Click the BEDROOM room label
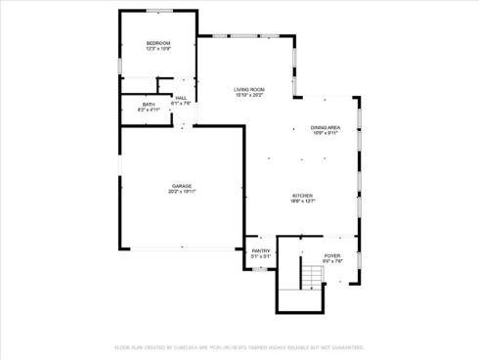(x=158, y=43)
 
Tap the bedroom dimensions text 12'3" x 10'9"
(x=158, y=49)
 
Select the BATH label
(x=149, y=104)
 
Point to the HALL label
(x=182, y=98)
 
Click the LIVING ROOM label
(x=248, y=89)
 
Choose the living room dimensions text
(x=248, y=95)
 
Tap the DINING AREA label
(x=326, y=127)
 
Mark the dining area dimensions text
(x=326, y=133)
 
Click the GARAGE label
(x=182, y=186)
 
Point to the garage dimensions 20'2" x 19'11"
(x=182, y=192)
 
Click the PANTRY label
(x=260, y=251)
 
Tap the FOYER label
(x=332, y=255)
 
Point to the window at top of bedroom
(x=158, y=11)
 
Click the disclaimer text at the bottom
(x=239, y=346)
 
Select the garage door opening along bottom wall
(x=182, y=248)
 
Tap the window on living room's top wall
(x=244, y=38)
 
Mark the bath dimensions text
(x=149, y=110)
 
